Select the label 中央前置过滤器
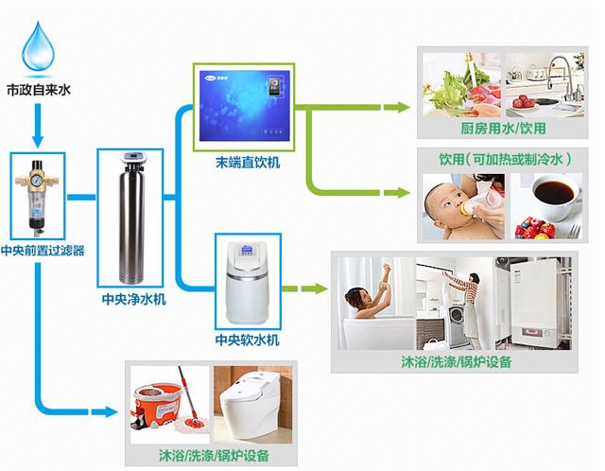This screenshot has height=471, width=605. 43,251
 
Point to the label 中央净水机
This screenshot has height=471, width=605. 133,300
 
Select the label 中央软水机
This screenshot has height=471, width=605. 248,338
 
